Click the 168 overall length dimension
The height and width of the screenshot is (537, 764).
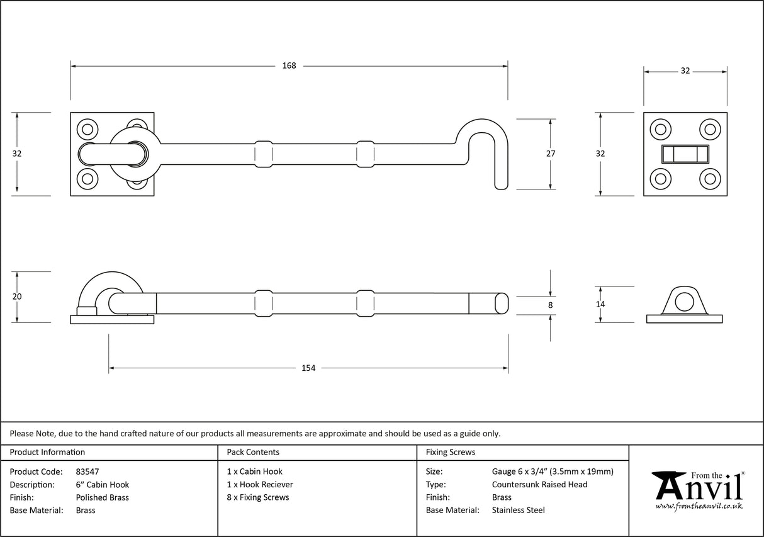point(289,65)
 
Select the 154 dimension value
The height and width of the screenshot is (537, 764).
point(308,368)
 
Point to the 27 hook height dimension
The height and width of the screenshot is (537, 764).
point(551,153)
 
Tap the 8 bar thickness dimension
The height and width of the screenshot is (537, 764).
point(551,305)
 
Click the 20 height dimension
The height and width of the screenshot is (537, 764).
point(17,297)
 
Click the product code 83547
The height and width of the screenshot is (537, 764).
point(87,472)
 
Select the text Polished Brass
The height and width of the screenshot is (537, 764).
point(102,497)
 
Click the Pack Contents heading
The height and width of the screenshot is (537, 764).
point(253,452)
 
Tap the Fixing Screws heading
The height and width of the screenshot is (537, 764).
point(451,452)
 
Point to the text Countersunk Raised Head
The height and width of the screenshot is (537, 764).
point(539,484)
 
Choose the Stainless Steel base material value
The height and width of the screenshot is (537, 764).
point(518,511)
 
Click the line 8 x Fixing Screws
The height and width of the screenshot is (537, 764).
point(258,497)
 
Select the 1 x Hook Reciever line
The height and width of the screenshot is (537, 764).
point(260,484)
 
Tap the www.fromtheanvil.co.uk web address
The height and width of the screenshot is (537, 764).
point(699,507)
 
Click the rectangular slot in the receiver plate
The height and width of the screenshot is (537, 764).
point(685,154)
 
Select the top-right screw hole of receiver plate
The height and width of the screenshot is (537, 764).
point(710,129)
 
